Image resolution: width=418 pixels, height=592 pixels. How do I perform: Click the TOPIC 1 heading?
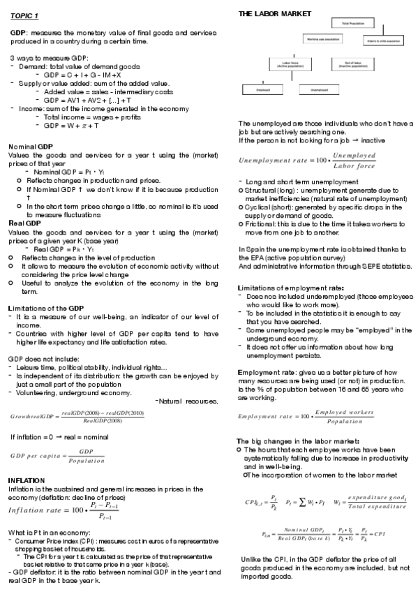(24, 15)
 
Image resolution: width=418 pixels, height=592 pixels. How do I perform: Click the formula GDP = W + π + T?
(70, 126)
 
